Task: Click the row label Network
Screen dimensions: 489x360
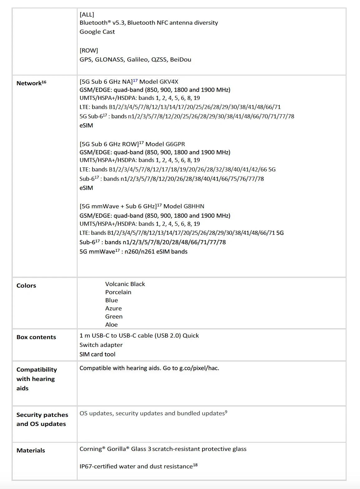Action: point(29,83)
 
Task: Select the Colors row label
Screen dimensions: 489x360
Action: point(26,286)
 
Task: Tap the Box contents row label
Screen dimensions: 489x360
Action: point(36,337)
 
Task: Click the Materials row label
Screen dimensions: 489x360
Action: point(31,451)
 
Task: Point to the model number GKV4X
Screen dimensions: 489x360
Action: point(169,82)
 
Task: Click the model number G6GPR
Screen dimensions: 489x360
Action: point(175,144)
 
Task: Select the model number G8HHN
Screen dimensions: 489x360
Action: point(194,206)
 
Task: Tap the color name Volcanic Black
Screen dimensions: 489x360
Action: point(125,284)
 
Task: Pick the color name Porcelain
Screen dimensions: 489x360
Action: point(118,292)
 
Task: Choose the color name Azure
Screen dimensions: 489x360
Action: point(114,309)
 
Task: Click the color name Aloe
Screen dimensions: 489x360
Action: point(111,325)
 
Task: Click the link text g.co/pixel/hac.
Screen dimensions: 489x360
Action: point(199,368)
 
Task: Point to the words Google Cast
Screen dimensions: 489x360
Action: point(97,32)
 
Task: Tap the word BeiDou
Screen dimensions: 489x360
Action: point(181,60)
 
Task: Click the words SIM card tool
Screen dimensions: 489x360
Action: point(97,354)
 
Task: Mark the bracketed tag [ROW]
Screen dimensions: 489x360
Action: point(89,51)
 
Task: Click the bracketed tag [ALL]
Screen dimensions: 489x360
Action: point(87,15)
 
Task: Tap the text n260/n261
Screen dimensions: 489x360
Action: point(140,252)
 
